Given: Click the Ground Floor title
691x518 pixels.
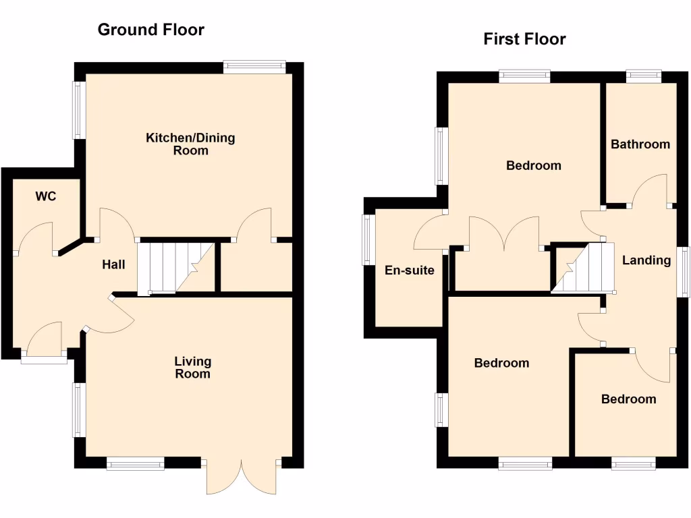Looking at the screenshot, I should (150, 30).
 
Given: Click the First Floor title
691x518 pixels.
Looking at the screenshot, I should (524, 39).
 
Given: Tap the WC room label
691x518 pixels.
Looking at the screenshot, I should (45, 197).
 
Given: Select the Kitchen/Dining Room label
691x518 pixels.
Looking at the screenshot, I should (190, 144).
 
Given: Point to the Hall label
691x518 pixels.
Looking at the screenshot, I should (113, 265).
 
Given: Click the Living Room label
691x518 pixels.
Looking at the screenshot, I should (192, 368).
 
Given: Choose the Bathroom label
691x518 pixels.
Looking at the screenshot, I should (640, 144).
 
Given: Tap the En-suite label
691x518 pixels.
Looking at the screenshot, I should (409, 271).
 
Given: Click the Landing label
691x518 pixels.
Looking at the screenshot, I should (646, 260).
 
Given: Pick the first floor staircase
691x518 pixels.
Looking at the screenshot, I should (584, 268).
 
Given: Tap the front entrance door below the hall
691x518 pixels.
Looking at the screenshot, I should (45, 341).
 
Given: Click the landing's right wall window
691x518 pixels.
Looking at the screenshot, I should (684, 272).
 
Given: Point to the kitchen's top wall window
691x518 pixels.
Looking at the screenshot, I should (255, 66).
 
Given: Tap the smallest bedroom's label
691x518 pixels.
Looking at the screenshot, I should (628, 399).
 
